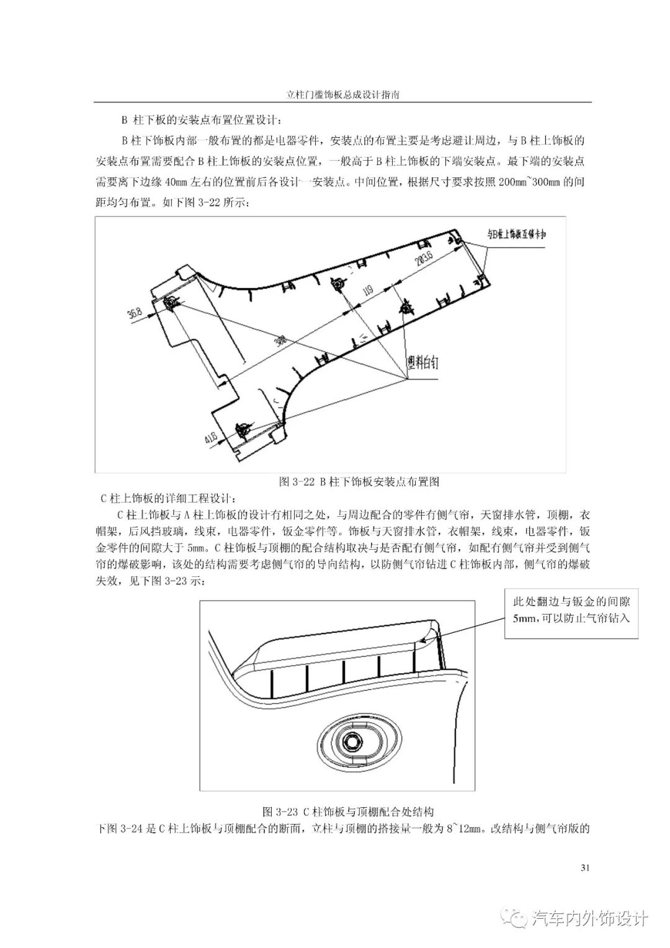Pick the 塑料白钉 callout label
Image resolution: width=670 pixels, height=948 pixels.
tap(422, 362)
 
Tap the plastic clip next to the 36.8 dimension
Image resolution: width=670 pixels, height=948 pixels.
tap(172, 305)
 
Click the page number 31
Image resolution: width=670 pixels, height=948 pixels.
tap(584, 867)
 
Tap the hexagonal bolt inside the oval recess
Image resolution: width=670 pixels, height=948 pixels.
tap(352, 741)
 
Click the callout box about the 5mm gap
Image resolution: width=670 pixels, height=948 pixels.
tap(571, 610)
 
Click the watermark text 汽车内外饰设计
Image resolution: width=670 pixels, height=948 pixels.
tap(589, 918)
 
